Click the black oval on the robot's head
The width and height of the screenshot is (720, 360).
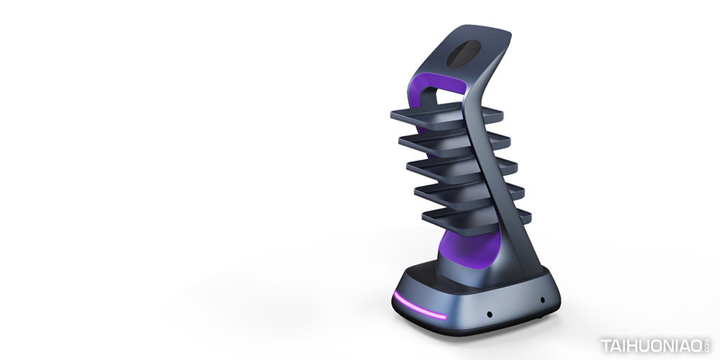point(464,53)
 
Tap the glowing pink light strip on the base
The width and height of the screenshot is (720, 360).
point(419,306)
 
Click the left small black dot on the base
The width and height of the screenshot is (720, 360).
point(490,315)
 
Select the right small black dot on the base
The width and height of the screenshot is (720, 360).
point(542,300)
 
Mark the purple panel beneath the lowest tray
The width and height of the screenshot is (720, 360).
point(469,248)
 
